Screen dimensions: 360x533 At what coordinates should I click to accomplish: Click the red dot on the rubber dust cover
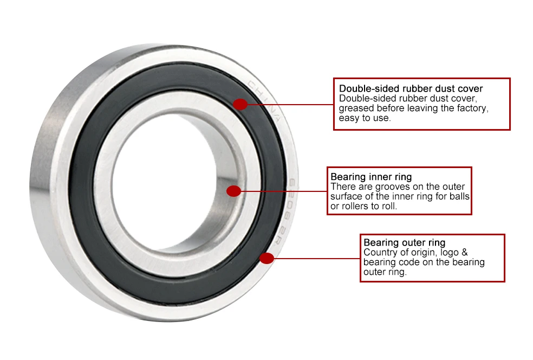240,104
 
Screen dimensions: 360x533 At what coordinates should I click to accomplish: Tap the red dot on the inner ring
233,191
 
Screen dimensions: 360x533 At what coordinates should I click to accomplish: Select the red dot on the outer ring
266,258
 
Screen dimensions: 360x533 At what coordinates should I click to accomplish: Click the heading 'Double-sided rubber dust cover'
411,88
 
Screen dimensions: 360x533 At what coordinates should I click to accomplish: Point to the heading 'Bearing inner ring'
371,177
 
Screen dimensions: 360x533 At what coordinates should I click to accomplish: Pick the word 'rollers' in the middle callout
356,206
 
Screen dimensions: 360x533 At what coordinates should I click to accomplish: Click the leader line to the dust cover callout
290,104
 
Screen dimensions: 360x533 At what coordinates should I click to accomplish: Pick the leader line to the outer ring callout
314,258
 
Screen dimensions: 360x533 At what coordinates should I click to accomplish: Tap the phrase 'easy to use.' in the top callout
364,118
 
